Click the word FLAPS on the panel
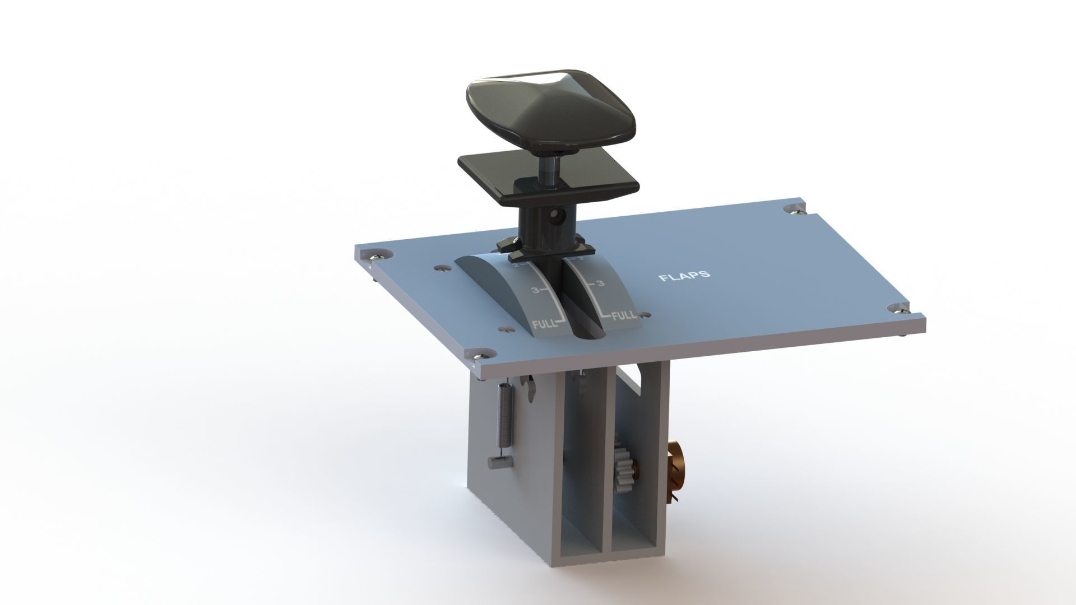click(685, 276)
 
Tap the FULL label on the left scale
click(151, 324)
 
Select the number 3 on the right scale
click(601, 284)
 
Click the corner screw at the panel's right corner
click(902, 307)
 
